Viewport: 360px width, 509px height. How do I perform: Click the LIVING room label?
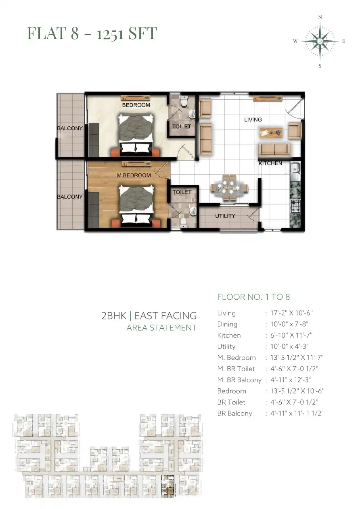coord(253,119)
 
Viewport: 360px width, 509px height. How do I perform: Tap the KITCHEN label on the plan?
coord(270,163)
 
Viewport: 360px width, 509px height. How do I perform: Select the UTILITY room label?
coord(225,216)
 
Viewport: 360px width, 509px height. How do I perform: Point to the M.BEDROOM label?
coord(134,175)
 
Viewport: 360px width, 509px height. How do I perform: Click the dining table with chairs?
coord(229,188)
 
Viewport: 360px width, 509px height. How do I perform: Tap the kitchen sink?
coord(295,168)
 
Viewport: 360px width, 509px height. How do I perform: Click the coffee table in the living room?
coord(271,133)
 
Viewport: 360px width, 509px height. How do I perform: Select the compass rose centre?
coord(320,41)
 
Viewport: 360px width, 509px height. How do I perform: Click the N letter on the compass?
coord(320,17)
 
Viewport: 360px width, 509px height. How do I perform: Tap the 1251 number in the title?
coord(110,33)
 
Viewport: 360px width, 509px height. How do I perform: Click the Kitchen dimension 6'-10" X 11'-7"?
coord(291,335)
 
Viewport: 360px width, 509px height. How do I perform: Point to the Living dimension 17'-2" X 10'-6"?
coord(291,313)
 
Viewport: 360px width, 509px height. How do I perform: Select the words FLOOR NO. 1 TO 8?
coord(253,297)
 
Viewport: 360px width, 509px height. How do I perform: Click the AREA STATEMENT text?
coord(161,328)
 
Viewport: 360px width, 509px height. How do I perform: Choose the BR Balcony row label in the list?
coord(235,413)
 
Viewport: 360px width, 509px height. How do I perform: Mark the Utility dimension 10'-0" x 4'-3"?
coord(289,346)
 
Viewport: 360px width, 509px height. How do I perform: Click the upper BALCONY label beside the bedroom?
coord(69,128)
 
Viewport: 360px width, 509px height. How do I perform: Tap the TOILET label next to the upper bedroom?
coord(182,126)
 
